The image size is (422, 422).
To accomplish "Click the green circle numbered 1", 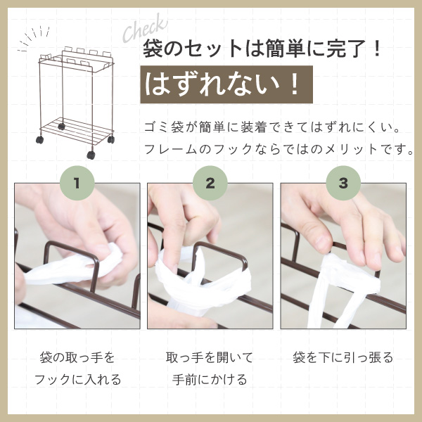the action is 77,183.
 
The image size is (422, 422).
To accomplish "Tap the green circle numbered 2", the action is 210,183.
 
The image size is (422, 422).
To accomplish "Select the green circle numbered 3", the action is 343,183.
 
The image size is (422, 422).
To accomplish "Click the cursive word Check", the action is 145,28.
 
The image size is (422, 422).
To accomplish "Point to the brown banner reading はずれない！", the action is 226,84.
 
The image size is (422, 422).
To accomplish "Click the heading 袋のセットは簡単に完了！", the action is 262,49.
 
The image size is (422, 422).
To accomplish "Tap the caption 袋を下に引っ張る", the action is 343,357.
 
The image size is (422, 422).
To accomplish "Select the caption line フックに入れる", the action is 77,380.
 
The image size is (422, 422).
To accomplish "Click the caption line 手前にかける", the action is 210,380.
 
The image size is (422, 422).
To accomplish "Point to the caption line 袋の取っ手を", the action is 77,357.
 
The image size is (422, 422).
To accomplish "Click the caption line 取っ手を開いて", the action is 210,357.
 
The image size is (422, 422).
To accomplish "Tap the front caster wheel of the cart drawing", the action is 91,155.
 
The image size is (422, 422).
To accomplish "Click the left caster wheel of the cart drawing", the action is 40,140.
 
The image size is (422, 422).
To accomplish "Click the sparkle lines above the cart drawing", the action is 34,38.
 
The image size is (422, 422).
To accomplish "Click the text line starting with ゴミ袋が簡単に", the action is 272,127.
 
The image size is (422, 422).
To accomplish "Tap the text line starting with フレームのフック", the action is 279,149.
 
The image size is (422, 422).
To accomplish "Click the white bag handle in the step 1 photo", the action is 73,267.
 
